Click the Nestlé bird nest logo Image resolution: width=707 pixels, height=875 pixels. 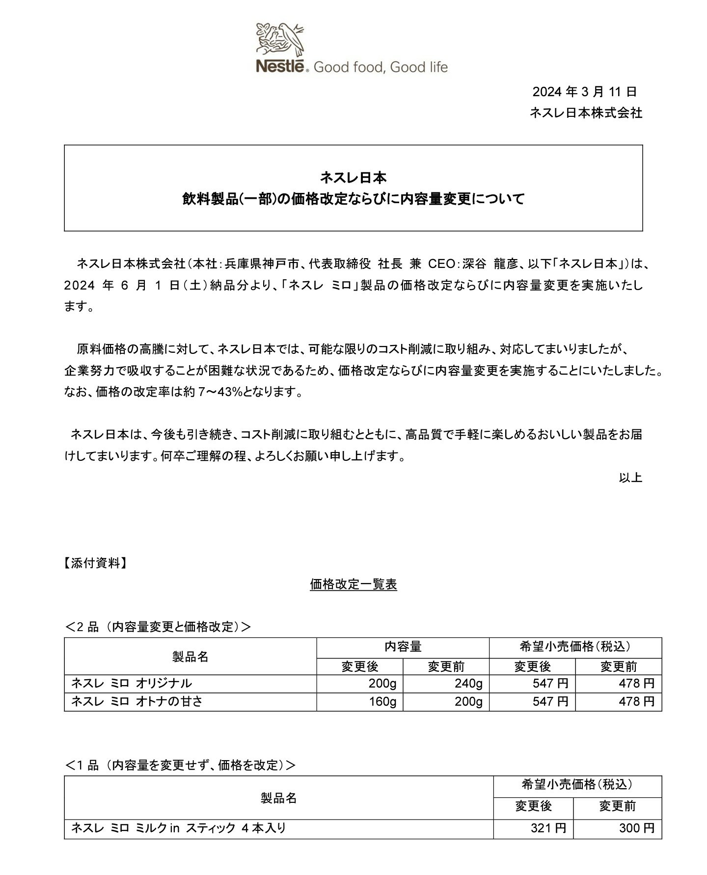tap(280, 40)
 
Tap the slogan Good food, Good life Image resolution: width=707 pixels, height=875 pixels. tap(381, 67)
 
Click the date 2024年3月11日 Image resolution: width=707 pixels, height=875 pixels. tap(584, 92)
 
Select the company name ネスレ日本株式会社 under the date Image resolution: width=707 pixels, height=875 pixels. tap(585, 113)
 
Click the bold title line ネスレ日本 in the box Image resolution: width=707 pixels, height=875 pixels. tap(353, 177)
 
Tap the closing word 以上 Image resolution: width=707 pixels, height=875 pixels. tap(630, 477)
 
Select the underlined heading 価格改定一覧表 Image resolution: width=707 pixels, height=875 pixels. tap(353, 584)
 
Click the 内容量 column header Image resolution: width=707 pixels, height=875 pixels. tap(403, 647)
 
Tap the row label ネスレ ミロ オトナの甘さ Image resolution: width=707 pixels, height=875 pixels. tap(137, 702)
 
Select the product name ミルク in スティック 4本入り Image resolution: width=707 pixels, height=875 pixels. tap(179, 828)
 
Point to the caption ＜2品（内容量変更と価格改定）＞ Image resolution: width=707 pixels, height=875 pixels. tap(158, 627)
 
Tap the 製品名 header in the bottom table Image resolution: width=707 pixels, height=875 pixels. tap(278, 798)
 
